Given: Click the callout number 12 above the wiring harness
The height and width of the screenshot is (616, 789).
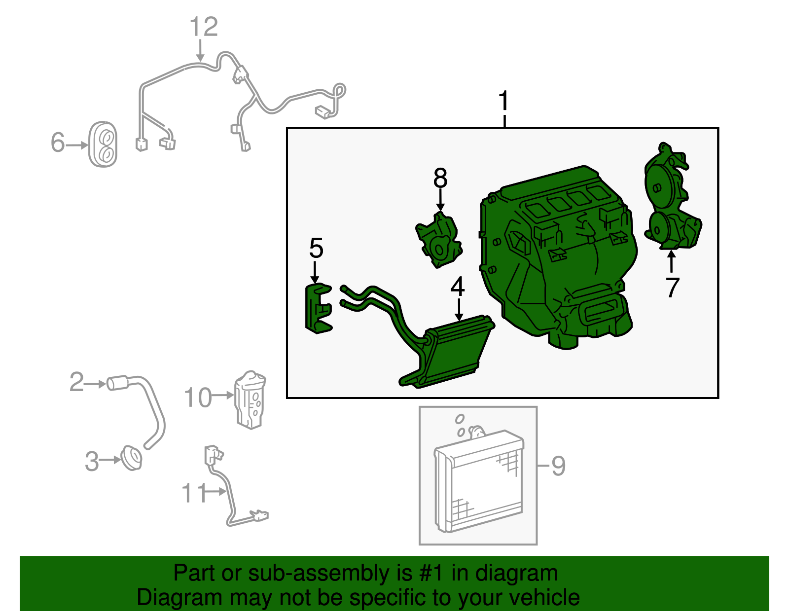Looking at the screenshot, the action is (x=204, y=27).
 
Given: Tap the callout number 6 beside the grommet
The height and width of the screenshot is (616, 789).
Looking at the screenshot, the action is (x=58, y=143).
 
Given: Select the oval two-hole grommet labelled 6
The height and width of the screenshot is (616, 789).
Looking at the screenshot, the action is (x=103, y=144).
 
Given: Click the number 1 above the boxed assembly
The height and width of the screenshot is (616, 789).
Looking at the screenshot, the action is (x=504, y=101).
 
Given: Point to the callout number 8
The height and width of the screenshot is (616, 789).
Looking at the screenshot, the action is (x=440, y=178).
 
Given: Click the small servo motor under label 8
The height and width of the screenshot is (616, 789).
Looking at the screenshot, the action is (x=438, y=240).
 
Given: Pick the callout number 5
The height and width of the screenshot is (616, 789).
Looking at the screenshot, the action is (x=316, y=248).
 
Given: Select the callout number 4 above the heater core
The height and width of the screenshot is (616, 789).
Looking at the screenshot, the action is (x=458, y=287).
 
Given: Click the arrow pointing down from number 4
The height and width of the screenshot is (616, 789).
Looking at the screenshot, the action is (x=459, y=310).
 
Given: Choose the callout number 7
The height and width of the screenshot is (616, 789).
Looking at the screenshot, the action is (x=673, y=288).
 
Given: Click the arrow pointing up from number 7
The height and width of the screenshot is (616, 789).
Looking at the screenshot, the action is (x=671, y=261).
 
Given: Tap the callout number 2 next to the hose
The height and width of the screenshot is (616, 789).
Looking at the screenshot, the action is (x=76, y=382).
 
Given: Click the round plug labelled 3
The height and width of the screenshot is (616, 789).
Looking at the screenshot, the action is (x=132, y=459).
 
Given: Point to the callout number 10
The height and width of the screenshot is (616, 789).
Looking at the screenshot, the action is (x=198, y=398).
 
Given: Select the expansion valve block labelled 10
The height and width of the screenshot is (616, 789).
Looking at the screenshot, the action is (x=250, y=399).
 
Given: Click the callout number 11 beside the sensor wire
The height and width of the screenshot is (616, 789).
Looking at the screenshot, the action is (x=193, y=493).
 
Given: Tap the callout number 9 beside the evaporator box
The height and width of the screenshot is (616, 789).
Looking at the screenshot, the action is (x=558, y=466).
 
